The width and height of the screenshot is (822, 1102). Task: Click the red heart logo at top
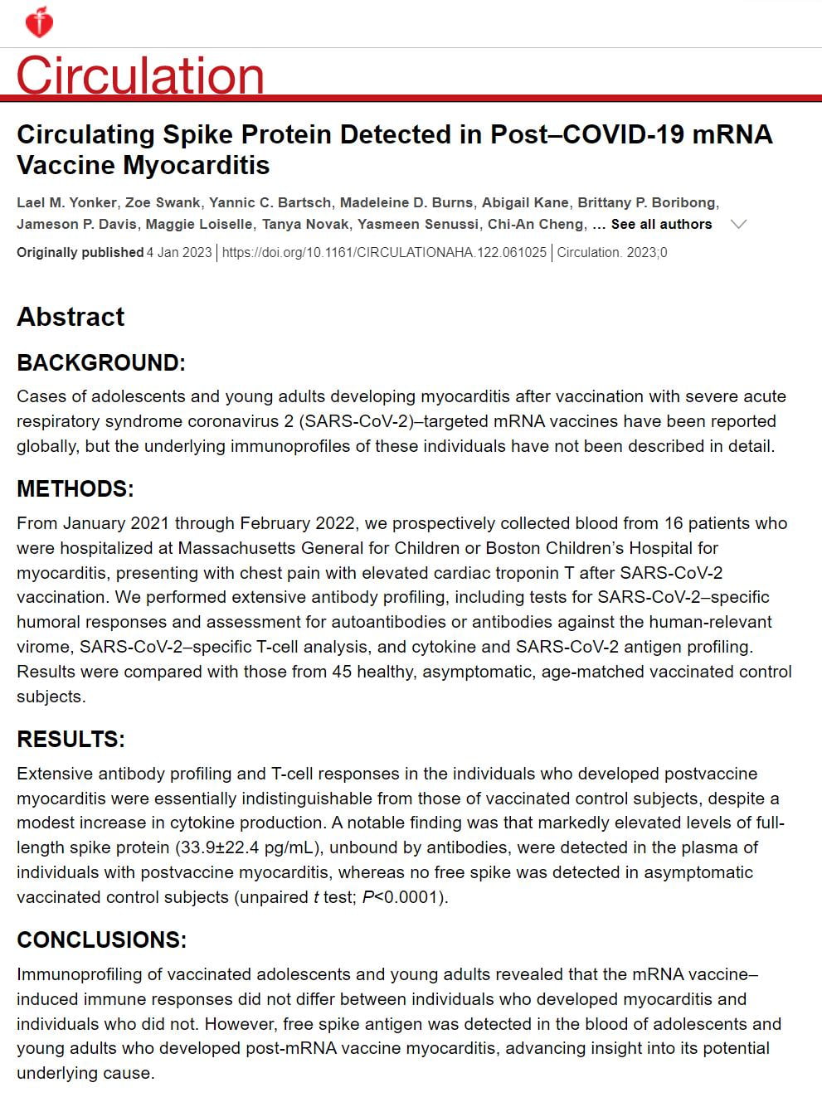pyautogui.click(x=39, y=22)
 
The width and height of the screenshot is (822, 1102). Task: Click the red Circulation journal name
pyautogui.click(x=140, y=75)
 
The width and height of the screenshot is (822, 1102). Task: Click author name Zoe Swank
pyautogui.click(x=163, y=203)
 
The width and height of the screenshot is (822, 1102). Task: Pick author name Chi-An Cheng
pyautogui.click(x=537, y=225)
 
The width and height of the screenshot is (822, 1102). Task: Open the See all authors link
pyautogui.click(x=661, y=225)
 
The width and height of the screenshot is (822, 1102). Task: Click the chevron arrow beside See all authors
pyautogui.click(x=737, y=224)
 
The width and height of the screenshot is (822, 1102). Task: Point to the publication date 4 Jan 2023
pyautogui.click(x=179, y=252)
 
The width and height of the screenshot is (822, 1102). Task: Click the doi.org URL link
pyautogui.click(x=384, y=252)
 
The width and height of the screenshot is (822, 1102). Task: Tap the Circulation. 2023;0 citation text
pyautogui.click(x=611, y=252)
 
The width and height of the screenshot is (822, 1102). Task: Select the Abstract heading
pyautogui.click(x=71, y=317)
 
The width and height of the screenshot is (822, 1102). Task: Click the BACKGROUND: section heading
pyautogui.click(x=101, y=363)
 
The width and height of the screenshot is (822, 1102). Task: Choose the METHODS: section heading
pyautogui.click(x=75, y=489)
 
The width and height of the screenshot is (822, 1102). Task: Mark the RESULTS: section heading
pyautogui.click(x=71, y=740)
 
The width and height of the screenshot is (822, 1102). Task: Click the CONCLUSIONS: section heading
pyautogui.click(x=101, y=940)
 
